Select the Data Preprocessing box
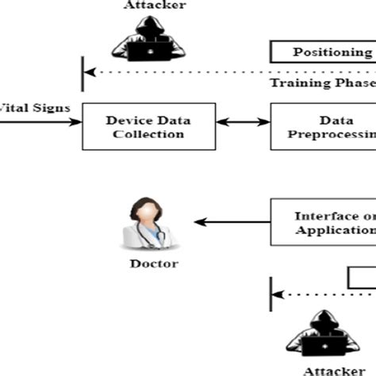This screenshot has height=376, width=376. (x=324, y=127)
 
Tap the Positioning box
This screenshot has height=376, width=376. (x=324, y=53)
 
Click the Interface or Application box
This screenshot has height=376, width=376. (x=324, y=223)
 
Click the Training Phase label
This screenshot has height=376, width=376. (x=320, y=82)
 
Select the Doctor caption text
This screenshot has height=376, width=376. (x=153, y=264)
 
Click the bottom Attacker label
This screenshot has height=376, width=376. (x=327, y=370)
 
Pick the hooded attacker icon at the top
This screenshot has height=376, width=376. (x=147, y=38)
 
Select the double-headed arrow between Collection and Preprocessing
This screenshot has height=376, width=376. (x=244, y=123)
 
